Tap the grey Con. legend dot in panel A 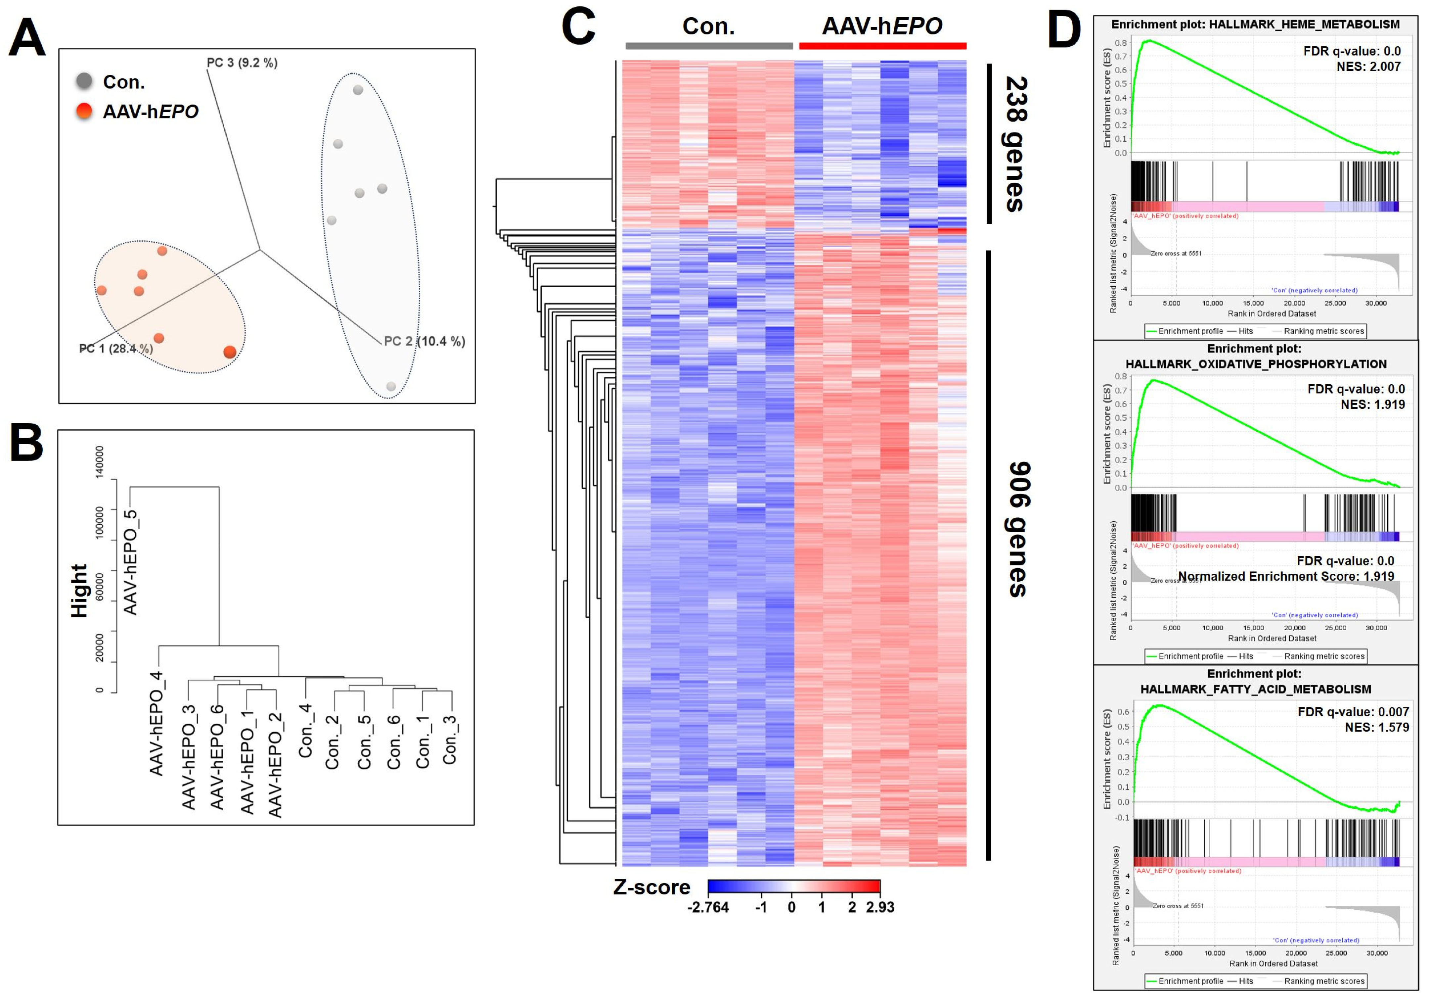click(84, 81)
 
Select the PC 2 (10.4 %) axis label click(424, 341)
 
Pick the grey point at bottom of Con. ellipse click(391, 386)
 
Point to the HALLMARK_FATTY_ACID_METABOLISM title click(1256, 689)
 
